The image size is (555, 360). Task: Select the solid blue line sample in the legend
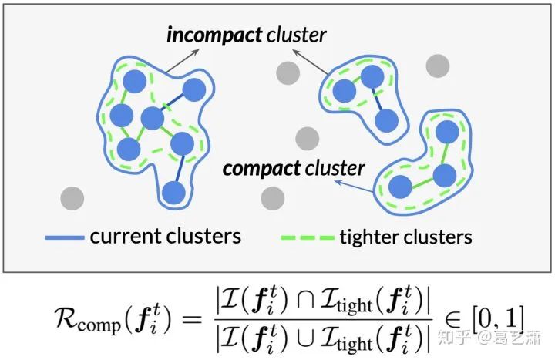[x=65, y=236]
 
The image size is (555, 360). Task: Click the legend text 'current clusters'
[x=165, y=236]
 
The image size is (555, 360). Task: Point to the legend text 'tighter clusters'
[x=405, y=236]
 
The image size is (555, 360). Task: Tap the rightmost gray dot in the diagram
[x=438, y=66]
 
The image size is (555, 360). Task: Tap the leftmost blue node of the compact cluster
[x=400, y=186]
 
